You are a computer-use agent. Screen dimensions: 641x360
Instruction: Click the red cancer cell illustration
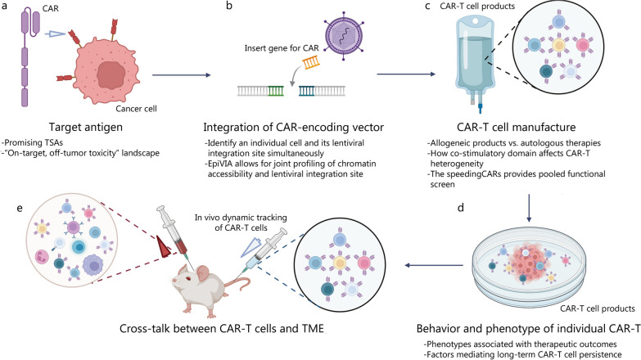pos(107,72)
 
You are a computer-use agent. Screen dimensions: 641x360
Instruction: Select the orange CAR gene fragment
pos(311,62)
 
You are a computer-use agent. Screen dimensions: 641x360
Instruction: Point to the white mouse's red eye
pos(189,279)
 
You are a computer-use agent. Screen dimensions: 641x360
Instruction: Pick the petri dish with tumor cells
pos(529,267)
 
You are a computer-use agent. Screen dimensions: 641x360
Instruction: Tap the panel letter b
pos(229,6)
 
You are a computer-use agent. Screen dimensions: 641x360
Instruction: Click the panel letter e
pos(19,208)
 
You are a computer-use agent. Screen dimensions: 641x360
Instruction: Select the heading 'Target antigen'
pos(85,127)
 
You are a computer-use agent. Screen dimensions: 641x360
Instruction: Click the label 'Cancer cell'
pos(136,108)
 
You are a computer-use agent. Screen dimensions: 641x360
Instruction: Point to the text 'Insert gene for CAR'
pos(282,48)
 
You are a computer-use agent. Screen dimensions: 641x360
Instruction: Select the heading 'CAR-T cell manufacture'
pos(517,127)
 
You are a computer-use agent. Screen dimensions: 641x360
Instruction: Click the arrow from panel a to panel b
pos(182,75)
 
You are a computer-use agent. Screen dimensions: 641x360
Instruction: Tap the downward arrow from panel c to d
pos(530,208)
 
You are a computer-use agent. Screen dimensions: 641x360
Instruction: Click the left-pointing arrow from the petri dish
pos(434,266)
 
